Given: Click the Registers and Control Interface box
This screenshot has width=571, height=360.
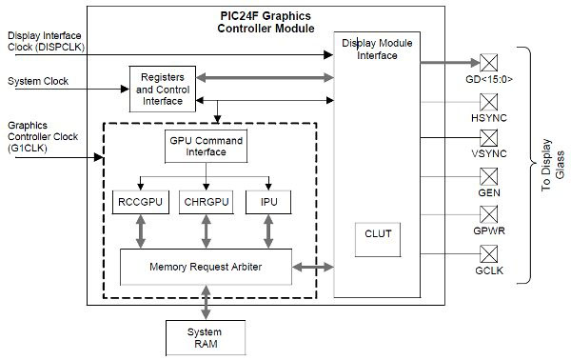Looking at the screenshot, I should [x=163, y=87].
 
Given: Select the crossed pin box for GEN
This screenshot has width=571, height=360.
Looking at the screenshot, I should [x=489, y=176].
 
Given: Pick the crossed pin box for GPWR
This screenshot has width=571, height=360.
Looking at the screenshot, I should [x=489, y=214].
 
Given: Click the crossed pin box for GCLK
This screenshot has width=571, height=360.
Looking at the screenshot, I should [x=489, y=252].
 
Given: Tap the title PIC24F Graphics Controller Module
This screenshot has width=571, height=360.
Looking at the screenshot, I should [x=266, y=21].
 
